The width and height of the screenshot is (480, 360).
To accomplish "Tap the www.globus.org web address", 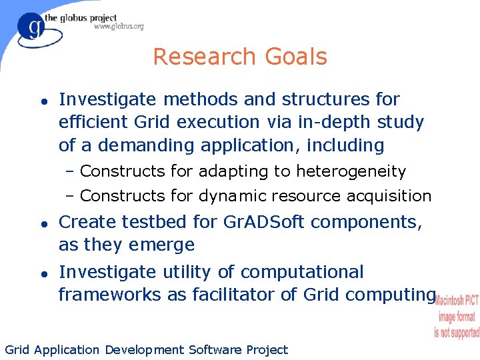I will (118, 27).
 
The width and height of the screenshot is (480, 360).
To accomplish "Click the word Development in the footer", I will (143, 350).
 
